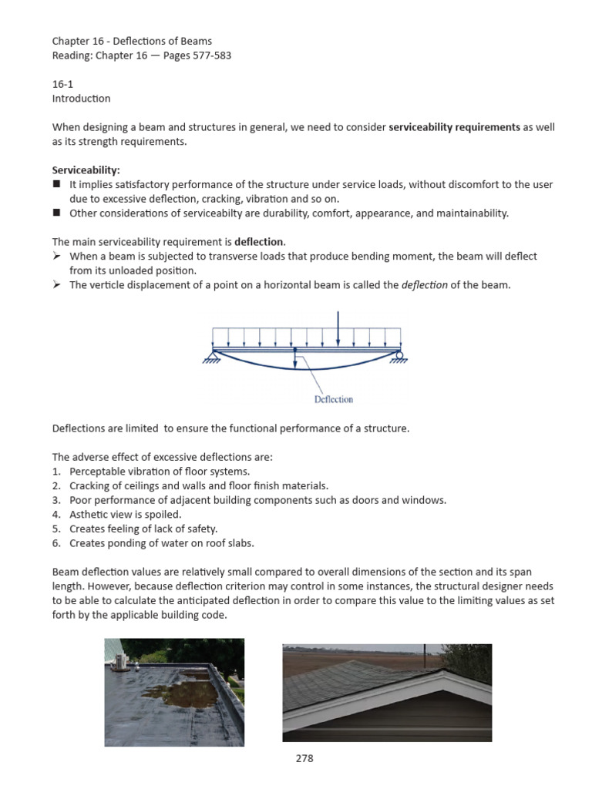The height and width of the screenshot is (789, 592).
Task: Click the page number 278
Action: (x=304, y=758)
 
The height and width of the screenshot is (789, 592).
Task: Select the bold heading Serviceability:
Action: (x=86, y=170)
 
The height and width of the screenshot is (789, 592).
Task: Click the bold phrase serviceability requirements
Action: (x=455, y=126)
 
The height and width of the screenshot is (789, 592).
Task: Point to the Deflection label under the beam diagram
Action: (x=334, y=399)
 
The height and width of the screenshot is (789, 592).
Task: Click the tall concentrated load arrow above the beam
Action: (x=338, y=328)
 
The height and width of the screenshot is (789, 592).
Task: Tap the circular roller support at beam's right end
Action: (x=399, y=355)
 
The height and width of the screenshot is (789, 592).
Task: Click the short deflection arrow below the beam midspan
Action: (x=295, y=359)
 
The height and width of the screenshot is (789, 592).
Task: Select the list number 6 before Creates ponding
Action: (x=55, y=543)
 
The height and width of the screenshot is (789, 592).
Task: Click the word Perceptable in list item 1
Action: (x=97, y=471)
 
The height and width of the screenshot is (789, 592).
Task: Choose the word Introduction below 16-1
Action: (x=81, y=99)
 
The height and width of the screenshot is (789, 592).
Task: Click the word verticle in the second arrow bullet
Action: (x=109, y=285)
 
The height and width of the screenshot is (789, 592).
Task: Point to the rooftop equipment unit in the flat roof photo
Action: (x=122, y=657)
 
